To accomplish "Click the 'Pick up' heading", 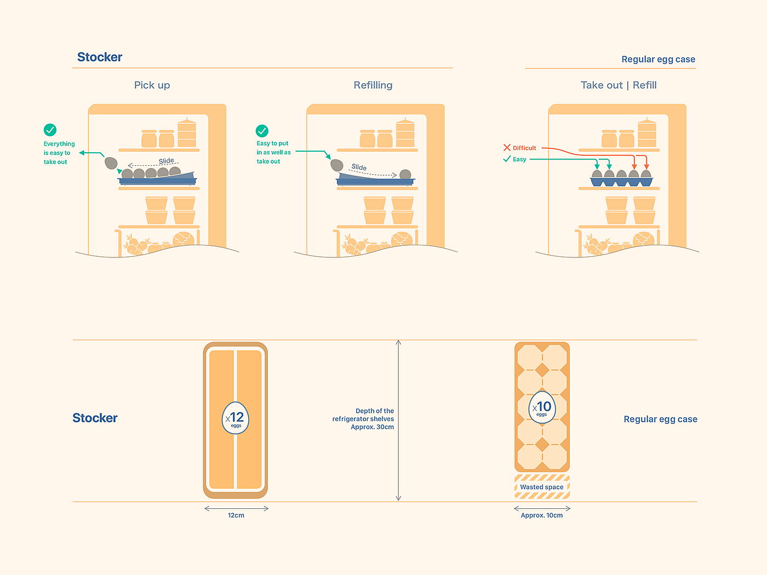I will point(152,85).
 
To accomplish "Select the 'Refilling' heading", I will point(373,85).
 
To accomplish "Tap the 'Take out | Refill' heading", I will point(619,85).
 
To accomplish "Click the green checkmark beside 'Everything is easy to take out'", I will point(50,130).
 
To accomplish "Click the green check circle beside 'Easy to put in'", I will point(262,131).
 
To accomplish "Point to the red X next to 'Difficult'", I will point(507,147).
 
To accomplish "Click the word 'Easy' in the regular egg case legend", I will point(519,159).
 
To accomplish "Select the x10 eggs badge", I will point(542,407).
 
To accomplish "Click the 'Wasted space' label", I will point(542,487).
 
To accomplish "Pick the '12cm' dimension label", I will point(236,515).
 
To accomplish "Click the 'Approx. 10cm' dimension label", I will point(542,515).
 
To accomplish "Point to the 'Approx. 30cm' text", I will point(372,427).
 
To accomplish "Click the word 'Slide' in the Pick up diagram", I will point(167,161).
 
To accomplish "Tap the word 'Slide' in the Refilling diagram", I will point(359,167).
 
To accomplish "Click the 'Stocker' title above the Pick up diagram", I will point(100,57).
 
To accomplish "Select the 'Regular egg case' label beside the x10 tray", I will point(660,419).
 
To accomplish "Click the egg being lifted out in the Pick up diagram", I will point(111,163).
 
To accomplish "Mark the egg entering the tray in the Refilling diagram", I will point(337,165).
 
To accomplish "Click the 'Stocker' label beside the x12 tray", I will point(95,418).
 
